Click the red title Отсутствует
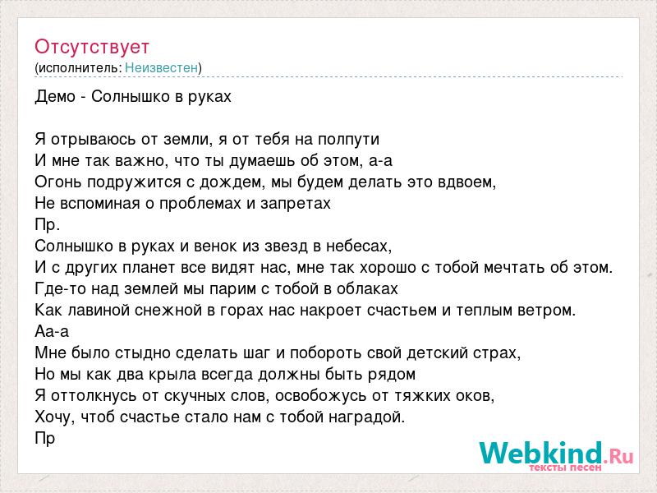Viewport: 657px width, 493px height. click(x=92, y=47)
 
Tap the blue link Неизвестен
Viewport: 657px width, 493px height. click(x=161, y=67)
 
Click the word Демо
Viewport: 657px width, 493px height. click(x=55, y=97)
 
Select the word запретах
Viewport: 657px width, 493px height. click(x=296, y=204)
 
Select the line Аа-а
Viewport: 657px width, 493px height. click(x=52, y=331)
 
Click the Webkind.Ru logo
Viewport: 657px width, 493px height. click(x=556, y=456)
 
